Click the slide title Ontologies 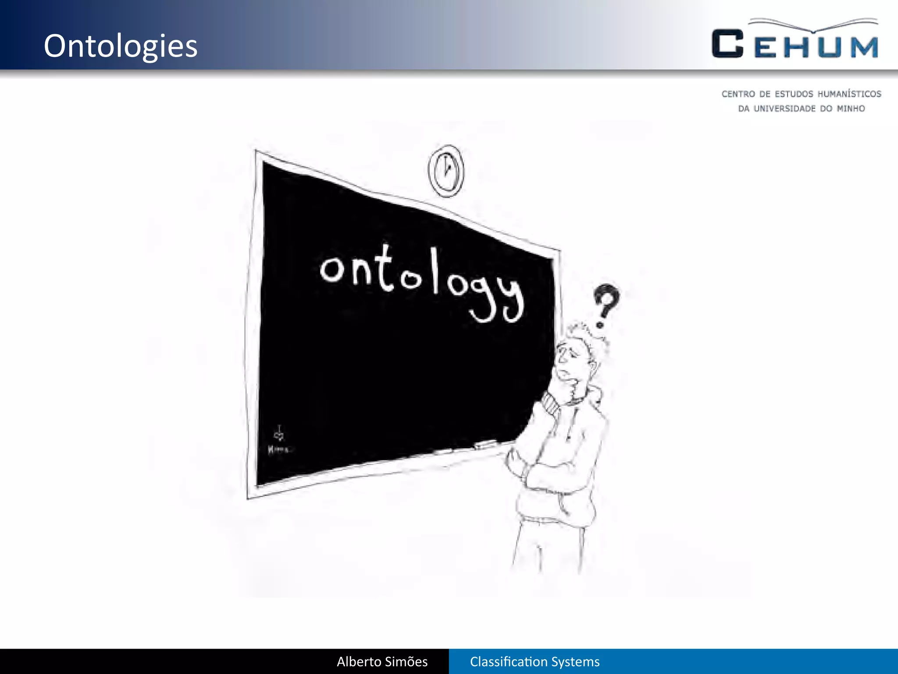(121, 46)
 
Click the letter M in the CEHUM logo (864, 47)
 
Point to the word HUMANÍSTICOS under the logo (849, 94)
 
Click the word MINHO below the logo (851, 109)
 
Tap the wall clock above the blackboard (446, 171)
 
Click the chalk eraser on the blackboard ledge (485, 445)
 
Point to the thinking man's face (570, 360)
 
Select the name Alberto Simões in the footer (382, 662)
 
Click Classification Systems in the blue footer (535, 662)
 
